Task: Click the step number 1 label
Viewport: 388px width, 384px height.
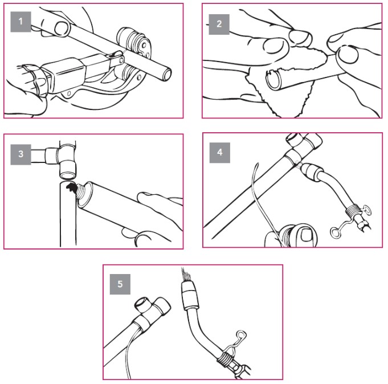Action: [x=21, y=22]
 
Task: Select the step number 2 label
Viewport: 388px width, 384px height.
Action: [x=219, y=24]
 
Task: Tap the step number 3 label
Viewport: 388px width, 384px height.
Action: [x=21, y=154]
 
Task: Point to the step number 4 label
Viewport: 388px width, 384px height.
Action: [x=220, y=153]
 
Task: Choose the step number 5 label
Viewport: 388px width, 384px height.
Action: [x=120, y=284]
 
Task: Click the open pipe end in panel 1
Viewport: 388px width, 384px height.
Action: [x=166, y=74]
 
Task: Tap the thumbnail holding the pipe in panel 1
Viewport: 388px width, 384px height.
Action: [x=61, y=28]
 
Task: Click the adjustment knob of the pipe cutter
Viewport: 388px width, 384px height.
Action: [x=28, y=79]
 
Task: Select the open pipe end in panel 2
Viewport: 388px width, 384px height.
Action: [x=273, y=79]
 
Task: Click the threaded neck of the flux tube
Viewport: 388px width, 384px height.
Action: [x=80, y=193]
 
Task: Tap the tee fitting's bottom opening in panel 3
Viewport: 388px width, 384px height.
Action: [x=68, y=175]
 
